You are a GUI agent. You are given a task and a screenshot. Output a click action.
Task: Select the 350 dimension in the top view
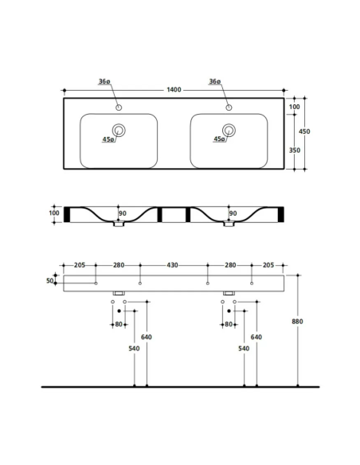point(295,150)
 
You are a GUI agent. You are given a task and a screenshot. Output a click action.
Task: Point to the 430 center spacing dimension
point(173,264)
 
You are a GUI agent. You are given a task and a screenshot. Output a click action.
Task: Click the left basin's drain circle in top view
point(119,131)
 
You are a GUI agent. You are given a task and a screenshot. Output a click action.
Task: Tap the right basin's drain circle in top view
point(229,131)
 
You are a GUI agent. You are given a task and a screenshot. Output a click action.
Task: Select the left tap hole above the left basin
point(119,107)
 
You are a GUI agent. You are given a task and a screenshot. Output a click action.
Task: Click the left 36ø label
point(103,82)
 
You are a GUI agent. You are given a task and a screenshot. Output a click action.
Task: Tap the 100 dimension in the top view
point(295,107)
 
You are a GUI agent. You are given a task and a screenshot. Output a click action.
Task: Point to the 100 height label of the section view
point(54,213)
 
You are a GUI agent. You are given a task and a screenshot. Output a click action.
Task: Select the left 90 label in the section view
point(123,213)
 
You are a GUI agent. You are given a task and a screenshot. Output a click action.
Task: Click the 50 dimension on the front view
point(49,280)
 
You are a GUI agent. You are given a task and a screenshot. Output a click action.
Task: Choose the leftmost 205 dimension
point(80,264)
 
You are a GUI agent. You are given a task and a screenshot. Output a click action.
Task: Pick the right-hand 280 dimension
point(229,264)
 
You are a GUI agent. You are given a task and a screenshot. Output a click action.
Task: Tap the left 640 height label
point(147,337)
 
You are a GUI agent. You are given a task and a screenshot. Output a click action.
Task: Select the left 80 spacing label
point(119,324)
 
